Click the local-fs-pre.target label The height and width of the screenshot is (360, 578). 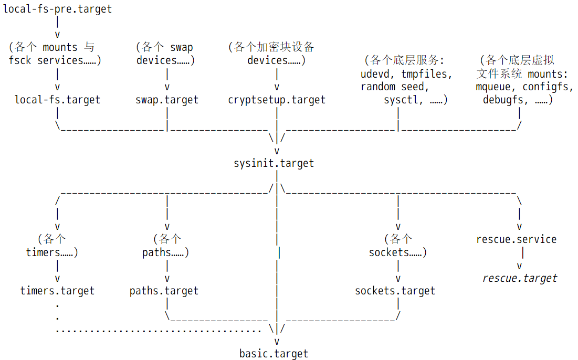pos(57,9)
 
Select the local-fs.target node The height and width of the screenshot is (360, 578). pos(57,100)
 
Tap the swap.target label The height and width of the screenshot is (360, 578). pos(167,100)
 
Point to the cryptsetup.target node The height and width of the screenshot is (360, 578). pos(277,100)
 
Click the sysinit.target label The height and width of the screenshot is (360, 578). pos(274,163)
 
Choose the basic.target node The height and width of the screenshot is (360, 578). pos(274,354)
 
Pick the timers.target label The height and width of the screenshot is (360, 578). pos(57,291)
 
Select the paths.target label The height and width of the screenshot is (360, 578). pos(164,291)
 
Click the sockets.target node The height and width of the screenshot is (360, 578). pos(395,291)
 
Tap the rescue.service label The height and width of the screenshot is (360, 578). pos(517,239)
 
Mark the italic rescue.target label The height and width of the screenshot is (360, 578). pos(520,278)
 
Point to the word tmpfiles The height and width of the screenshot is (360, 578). pos(424,74)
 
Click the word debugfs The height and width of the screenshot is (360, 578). pos(503,100)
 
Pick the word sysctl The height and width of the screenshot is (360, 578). pos(401,100)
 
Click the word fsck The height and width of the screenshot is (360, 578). pos(20,60)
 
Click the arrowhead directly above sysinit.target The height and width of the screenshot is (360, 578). pos(277,151)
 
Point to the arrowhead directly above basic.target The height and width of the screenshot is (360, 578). pos(277,342)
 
